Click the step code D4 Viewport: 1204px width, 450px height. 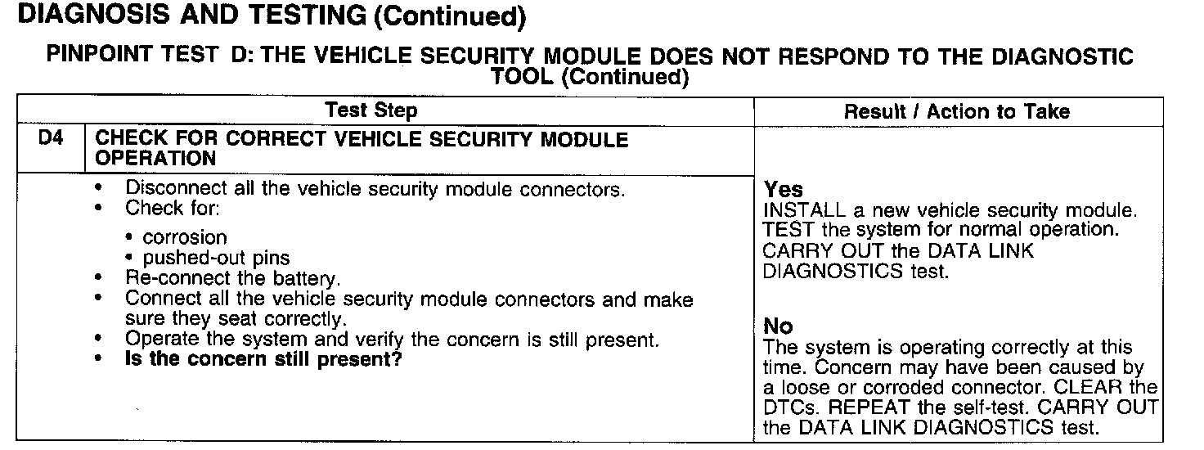(51, 139)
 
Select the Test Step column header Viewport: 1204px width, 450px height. (371, 110)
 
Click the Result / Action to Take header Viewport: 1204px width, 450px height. (957, 111)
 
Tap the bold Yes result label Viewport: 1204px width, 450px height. (784, 191)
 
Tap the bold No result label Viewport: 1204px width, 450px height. (778, 326)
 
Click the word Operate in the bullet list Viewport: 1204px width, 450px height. (159, 339)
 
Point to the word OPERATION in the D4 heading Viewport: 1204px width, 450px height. (155, 158)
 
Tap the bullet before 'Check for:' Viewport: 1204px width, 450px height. (99, 209)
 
